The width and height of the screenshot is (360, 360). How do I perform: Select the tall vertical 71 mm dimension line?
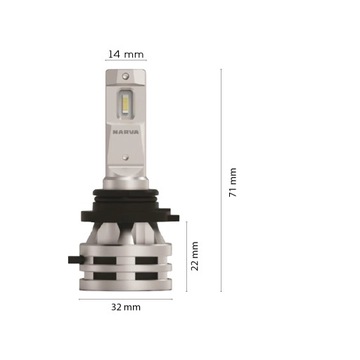[x=222, y=180]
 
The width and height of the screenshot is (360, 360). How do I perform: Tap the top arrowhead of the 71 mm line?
[x=222, y=71]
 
